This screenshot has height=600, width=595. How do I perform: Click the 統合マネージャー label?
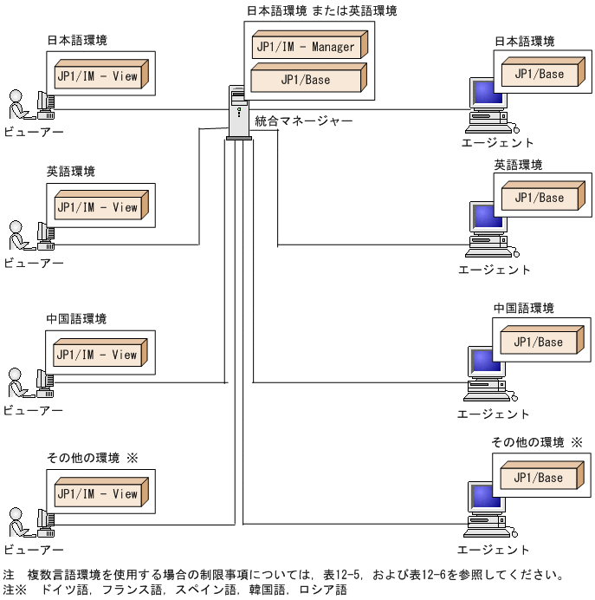pos(303,121)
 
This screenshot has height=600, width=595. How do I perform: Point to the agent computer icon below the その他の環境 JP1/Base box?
pos(488,512)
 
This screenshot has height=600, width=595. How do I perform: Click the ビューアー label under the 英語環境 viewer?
pos(33,263)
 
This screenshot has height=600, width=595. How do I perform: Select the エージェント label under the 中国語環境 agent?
pos(494,414)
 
